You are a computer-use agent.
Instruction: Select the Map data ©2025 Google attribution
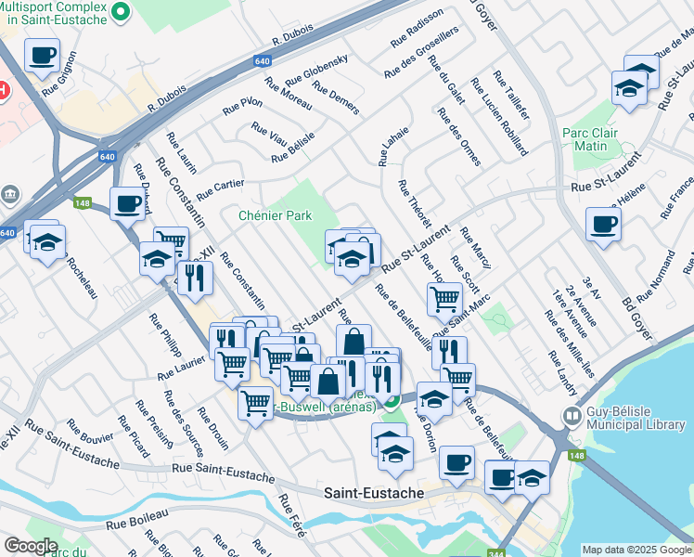click(x=636, y=550)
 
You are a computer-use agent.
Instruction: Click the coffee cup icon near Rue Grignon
click(x=42, y=56)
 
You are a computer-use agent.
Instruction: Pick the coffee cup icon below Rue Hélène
click(x=603, y=224)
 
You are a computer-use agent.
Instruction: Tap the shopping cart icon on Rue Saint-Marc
click(x=444, y=299)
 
